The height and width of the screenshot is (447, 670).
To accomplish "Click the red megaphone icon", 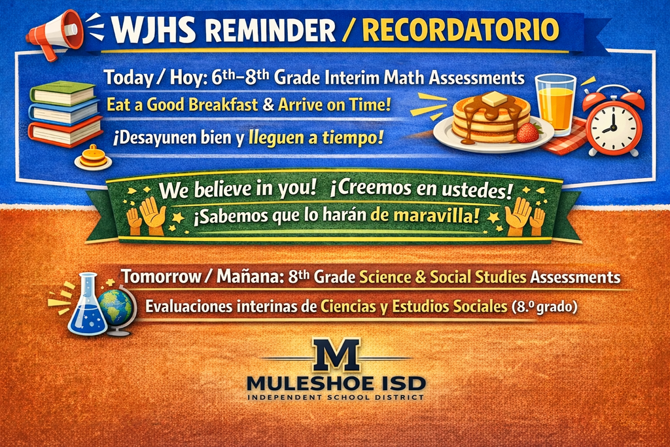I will pyautogui.click(x=55, y=33).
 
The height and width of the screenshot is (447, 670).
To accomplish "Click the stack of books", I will pyautogui.click(x=65, y=113).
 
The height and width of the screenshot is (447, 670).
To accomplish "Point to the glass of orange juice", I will pyautogui.click(x=555, y=103).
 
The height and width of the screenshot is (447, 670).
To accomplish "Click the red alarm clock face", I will pyautogui.click(x=612, y=126).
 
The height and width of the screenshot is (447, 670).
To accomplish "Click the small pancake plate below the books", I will pyautogui.click(x=93, y=158).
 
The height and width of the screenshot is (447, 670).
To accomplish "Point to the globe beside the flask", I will pyautogui.click(x=116, y=310).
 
